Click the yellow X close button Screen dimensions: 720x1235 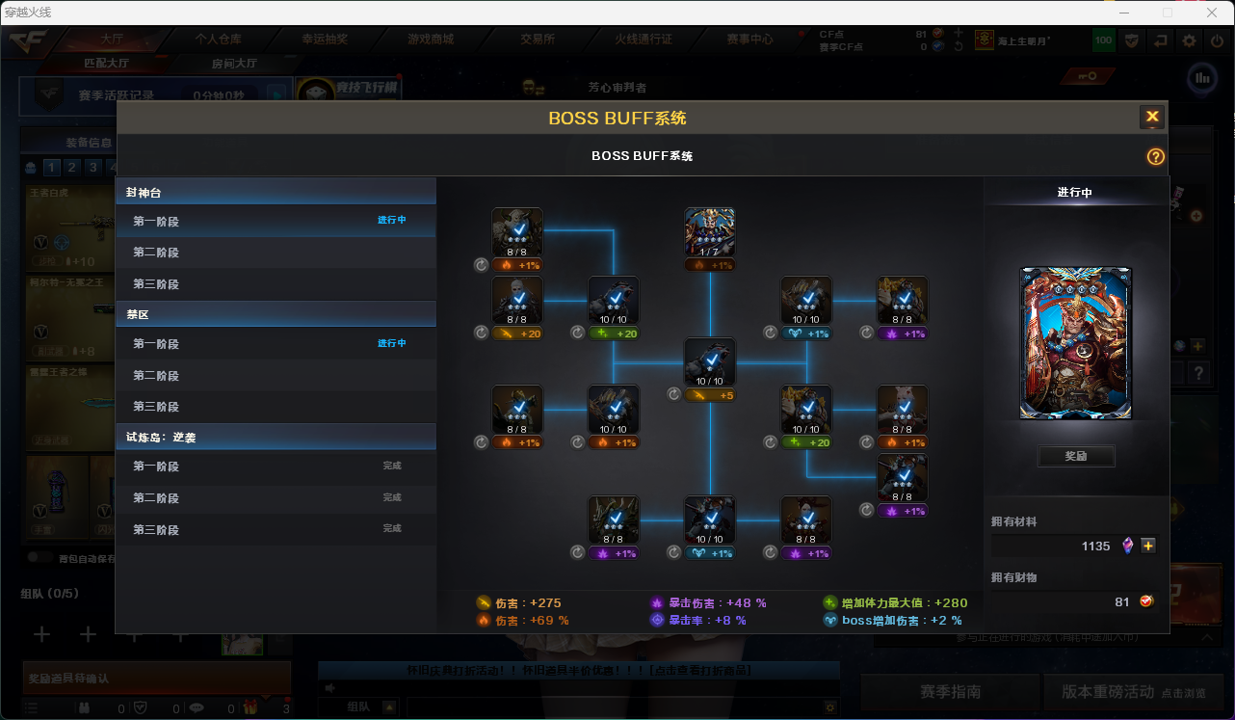point(1152,118)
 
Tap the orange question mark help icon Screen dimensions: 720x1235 point(1156,157)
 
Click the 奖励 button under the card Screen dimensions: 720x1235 point(1076,456)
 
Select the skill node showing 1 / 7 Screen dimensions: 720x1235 point(710,232)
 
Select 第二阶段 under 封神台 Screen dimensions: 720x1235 point(156,253)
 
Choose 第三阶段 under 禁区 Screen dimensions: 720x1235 point(156,407)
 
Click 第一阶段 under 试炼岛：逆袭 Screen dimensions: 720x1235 point(156,467)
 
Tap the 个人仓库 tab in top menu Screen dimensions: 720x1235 point(219,40)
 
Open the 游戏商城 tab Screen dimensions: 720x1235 point(431,40)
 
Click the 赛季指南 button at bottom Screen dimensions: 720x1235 point(950,692)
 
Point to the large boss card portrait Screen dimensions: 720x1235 point(1076,343)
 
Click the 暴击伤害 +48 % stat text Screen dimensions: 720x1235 point(709,603)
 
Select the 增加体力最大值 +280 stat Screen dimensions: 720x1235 point(895,603)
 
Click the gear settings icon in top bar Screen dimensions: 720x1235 point(1190,40)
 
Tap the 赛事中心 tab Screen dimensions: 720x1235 point(750,40)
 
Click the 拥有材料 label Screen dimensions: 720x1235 point(1014,521)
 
